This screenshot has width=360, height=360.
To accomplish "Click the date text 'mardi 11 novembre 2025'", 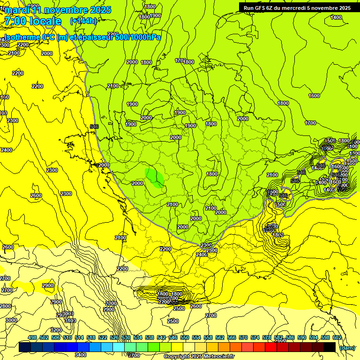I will coord(57,10).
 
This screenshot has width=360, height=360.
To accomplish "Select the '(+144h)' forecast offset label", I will coord(83,21).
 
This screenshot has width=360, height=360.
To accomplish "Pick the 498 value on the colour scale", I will coord(32,338).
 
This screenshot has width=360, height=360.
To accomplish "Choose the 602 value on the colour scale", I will coord(337,338).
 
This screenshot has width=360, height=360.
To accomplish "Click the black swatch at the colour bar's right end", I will coord(330,347).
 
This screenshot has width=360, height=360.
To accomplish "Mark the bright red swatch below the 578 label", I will coord(271,347).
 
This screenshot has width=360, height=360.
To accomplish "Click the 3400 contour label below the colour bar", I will coord(81,355).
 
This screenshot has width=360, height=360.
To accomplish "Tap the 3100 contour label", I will coord(70,321).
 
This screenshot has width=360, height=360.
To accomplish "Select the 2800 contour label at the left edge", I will coord(5,306).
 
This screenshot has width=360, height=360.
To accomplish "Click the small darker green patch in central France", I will coord(154,179).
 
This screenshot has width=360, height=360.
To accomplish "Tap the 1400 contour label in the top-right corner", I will coord(336,17).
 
